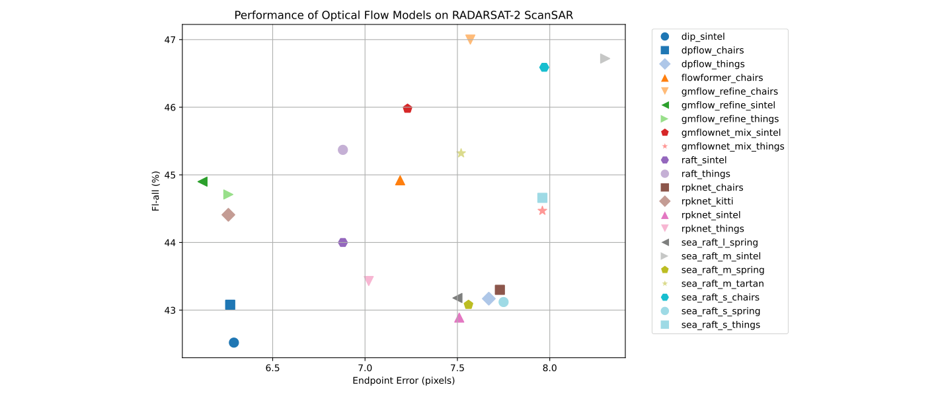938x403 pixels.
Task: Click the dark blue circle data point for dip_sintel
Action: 233,342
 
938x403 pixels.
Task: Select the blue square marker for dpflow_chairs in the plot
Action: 230,304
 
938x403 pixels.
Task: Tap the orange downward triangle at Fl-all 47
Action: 470,40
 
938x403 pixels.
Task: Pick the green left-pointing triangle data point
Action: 203,181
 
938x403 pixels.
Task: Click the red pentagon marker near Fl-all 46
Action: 407,109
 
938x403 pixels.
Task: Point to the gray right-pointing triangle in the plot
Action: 604,58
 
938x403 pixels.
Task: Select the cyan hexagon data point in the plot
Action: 544,67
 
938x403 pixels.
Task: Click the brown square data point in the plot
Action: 500,290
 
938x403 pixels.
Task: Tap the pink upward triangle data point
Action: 459,318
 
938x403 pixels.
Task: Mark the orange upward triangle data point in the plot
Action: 400,181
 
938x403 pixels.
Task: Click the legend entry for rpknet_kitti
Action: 707,201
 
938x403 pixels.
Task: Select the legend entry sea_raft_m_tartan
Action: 722,283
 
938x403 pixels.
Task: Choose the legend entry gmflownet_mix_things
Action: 732,146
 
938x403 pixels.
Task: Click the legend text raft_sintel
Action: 703,159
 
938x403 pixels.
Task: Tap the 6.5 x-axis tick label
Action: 272,367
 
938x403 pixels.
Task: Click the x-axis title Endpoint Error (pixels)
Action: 403,381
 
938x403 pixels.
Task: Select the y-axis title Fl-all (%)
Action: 155,191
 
